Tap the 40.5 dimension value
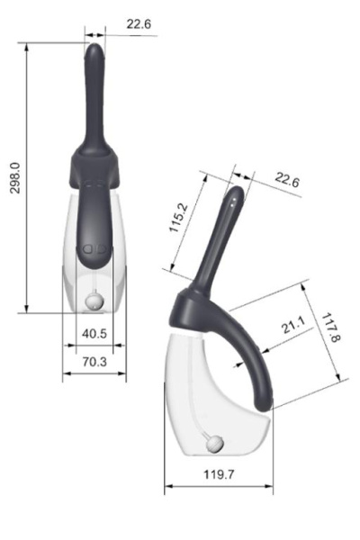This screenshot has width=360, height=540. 94,334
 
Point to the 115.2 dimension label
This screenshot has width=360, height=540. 179,218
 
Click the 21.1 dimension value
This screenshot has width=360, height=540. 292,325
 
